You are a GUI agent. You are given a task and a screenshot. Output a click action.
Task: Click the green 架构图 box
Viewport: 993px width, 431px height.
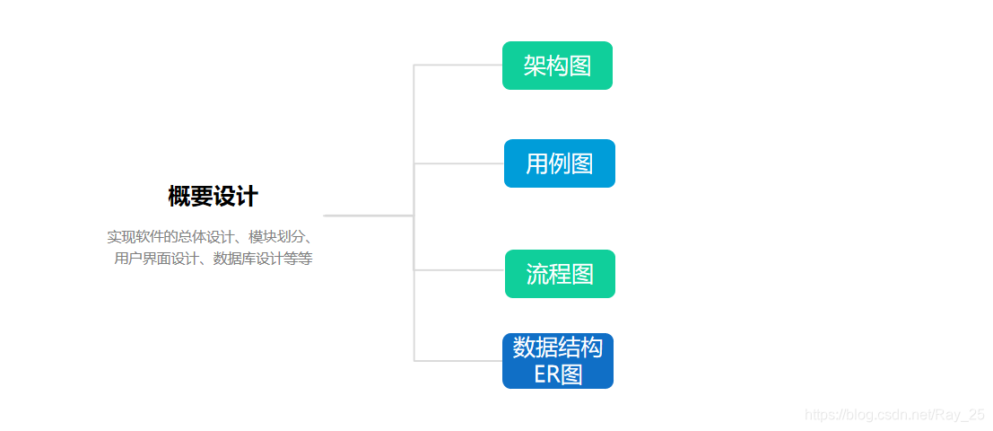[x=557, y=66]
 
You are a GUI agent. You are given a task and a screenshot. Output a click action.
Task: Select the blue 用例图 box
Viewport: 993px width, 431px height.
[x=559, y=163]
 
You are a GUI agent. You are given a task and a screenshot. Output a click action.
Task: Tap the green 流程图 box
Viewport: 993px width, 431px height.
[x=560, y=274]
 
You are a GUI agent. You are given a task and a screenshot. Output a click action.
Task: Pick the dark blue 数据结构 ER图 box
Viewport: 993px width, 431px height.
[x=557, y=361]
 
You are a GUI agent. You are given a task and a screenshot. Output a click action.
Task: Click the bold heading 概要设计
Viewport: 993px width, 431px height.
[x=213, y=196]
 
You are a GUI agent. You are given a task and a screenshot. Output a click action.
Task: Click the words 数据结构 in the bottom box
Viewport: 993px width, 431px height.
[x=557, y=347]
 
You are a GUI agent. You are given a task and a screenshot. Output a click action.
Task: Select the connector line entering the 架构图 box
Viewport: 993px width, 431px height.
[x=457, y=65]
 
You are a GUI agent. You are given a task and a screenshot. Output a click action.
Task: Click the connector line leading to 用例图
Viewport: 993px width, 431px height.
[x=457, y=163]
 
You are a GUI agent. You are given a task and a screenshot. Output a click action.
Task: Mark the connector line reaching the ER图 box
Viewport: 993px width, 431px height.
[x=457, y=361]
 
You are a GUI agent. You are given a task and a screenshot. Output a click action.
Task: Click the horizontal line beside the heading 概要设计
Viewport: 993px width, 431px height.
[x=368, y=215]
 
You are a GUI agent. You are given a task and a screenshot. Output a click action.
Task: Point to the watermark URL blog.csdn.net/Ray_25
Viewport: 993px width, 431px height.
[x=894, y=415]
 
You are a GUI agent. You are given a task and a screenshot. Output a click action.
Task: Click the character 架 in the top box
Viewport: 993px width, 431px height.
[x=536, y=66]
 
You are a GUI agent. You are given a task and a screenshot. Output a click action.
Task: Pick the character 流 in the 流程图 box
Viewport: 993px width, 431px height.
[x=537, y=274]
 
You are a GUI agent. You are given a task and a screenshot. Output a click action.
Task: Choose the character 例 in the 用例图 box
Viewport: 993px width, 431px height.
[x=559, y=163]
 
